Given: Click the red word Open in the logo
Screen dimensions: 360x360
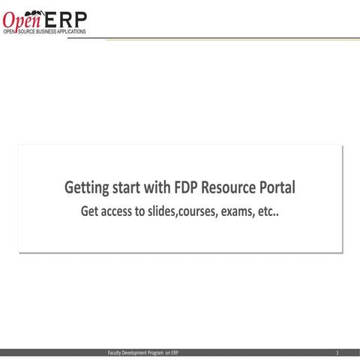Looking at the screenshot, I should [22, 17].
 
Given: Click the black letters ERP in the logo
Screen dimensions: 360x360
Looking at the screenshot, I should [66, 16].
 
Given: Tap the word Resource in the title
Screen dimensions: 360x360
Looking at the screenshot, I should [236, 187].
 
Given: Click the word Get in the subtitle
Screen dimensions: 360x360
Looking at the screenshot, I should [91, 211].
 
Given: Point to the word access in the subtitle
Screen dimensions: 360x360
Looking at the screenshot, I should [121, 211].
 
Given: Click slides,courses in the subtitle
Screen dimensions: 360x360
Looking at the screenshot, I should [184, 211].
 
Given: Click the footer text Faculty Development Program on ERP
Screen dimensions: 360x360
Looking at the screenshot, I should [144, 352].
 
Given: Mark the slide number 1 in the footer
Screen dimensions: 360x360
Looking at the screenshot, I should [337, 352].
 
